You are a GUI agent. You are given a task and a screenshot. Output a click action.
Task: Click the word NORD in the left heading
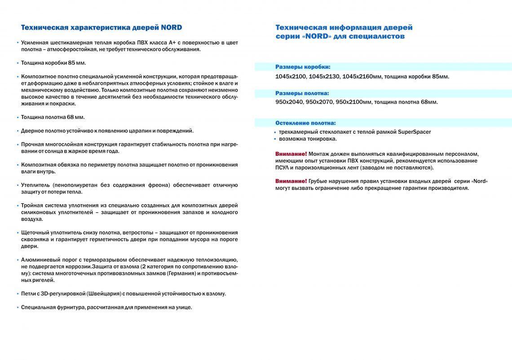tap(172, 27)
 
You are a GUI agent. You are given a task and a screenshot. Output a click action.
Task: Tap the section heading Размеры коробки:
tap(303, 67)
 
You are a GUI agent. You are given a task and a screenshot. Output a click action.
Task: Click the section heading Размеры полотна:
tap(302, 93)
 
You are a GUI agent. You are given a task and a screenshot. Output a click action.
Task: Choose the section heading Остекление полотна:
tap(305, 123)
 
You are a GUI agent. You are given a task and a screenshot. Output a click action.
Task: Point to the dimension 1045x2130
tap(324, 77)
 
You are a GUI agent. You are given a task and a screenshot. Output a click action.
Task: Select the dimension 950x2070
tap(319, 102)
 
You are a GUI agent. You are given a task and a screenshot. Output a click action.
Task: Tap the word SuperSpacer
tap(415, 132)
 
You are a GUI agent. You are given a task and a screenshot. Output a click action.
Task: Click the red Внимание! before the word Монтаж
tap(291, 154)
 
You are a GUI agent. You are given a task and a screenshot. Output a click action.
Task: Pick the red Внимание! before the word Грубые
tap(291, 181)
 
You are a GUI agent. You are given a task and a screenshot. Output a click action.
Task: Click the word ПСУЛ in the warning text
tap(284, 167)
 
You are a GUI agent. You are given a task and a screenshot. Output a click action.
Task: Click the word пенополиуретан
tap(75, 185)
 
